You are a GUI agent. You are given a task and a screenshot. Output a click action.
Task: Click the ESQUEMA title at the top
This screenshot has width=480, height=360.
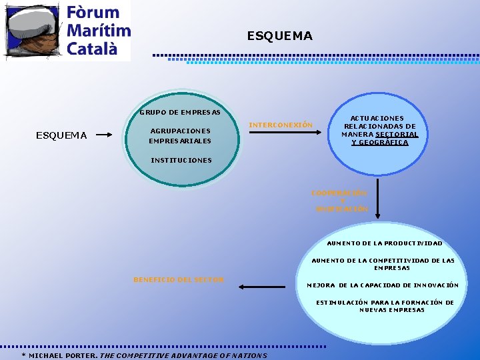(279, 36)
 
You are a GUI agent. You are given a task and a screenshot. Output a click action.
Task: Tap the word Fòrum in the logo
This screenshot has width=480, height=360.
(93, 13)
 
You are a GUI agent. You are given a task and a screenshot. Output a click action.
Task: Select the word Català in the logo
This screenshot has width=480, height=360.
(93, 48)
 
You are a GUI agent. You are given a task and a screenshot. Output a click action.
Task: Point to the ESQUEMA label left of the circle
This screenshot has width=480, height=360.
(61, 136)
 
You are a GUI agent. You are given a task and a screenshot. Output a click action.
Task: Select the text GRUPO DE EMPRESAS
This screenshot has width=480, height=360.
(180, 111)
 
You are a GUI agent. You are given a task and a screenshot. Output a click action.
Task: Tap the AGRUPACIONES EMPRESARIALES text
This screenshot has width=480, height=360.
(180, 136)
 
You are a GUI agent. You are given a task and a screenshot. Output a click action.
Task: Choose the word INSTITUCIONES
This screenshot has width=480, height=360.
(181, 160)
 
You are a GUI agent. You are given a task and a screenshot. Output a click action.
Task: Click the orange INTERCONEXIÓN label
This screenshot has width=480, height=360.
(280, 125)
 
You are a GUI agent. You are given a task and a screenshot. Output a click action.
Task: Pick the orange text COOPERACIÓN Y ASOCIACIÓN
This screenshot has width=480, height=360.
(341, 201)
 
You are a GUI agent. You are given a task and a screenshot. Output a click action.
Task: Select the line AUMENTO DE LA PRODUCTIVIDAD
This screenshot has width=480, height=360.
(385, 243)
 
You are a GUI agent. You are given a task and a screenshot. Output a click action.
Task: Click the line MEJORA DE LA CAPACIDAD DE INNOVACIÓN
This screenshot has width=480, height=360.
(382, 285)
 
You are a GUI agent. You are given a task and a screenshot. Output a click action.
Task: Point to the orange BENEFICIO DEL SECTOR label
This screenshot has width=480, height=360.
(179, 279)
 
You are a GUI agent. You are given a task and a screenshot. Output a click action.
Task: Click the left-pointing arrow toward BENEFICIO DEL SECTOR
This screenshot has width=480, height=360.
(261, 287)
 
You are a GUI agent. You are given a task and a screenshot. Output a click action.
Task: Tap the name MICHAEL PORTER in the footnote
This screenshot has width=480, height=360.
(63, 355)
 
